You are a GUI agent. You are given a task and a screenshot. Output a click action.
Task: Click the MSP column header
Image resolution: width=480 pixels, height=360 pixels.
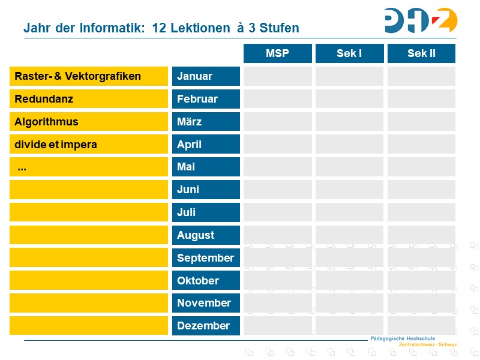[x=277, y=53]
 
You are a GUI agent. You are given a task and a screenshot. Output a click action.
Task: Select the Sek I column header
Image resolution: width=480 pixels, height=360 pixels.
[x=349, y=53]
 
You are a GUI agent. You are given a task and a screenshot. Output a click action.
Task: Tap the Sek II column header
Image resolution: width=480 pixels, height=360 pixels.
[x=421, y=53]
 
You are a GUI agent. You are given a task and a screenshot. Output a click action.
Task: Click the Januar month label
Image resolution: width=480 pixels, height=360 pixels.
[x=206, y=76]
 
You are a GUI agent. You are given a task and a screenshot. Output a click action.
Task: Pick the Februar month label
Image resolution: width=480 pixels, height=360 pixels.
[x=206, y=99]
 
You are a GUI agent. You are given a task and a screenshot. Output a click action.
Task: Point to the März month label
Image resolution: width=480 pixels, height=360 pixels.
[x=206, y=122]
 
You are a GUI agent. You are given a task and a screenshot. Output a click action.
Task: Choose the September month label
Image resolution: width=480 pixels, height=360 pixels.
[x=206, y=258]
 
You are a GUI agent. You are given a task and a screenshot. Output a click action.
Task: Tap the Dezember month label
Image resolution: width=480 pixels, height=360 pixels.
[x=206, y=326]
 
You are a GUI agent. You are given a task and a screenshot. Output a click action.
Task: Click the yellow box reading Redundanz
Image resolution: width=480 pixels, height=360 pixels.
[x=89, y=99]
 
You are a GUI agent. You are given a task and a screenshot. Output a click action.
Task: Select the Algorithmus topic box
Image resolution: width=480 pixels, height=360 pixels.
[x=89, y=122]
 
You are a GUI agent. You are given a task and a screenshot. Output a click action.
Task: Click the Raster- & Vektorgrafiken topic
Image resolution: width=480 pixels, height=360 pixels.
[x=89, y=76]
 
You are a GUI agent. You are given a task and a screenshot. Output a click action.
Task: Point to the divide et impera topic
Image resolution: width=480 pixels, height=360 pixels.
[x=89, y=145]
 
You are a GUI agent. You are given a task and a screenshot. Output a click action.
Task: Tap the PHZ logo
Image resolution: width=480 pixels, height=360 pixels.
[x=421, y=20]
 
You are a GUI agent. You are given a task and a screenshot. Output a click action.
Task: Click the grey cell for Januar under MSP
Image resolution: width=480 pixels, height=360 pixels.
[x=277, y=76]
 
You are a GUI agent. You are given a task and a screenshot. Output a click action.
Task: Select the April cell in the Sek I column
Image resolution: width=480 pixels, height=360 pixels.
[x=349, y=145]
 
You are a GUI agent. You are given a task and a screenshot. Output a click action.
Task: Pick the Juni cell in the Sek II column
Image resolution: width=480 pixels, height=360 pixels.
[x=421, y=190]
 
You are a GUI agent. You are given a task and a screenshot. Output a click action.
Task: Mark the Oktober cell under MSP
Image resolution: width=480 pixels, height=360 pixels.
[x=277, y=280]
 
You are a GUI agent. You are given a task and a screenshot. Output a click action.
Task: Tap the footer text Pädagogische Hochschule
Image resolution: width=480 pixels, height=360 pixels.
[x=403, y=338]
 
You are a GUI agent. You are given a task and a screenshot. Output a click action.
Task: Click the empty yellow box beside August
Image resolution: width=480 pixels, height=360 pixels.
[x=89, y=235]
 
